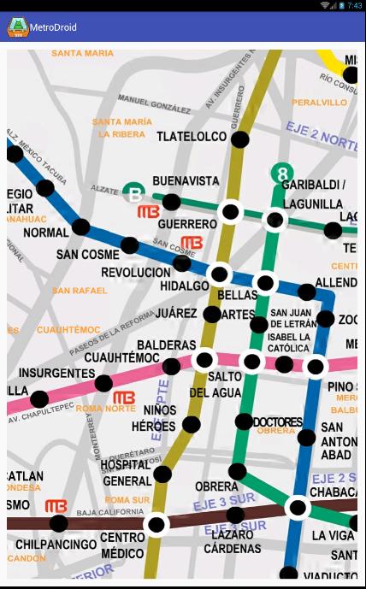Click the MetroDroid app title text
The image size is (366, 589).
[53, 27]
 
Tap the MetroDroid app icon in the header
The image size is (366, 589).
[16, 27]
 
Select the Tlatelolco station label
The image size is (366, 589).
[192, 137]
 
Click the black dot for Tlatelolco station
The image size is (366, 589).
[241, 138]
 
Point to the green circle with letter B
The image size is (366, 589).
[133, 193]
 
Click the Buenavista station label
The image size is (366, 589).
[186, 181]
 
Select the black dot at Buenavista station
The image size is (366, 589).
[172, 202]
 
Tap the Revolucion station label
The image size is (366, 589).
[136, 272]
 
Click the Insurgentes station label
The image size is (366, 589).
[56, 374]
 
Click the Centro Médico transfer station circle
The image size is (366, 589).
[156, 524]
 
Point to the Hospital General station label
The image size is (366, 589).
[126, 473]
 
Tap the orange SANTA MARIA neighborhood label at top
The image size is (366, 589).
[82, 53]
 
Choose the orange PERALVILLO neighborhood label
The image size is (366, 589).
[319, 102]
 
